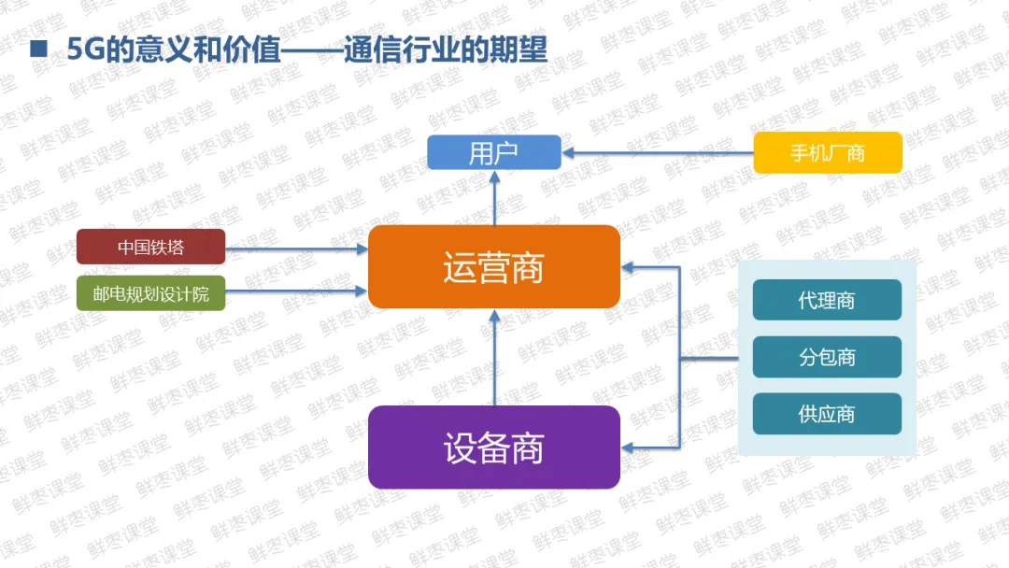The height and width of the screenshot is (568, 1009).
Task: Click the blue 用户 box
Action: coord(493,152)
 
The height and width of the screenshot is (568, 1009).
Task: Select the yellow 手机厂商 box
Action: coord(828,152)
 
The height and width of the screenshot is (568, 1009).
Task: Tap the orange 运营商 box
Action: coord(493,267)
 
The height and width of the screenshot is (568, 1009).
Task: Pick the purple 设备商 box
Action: coord(493,447)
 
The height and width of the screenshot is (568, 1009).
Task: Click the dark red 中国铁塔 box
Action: coord(150,247)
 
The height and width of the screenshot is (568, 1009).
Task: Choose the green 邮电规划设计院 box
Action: coord(150,294)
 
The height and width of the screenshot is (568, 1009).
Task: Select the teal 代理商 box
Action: coord(827,300)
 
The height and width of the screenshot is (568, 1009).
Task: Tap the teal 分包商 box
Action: coord(827,357)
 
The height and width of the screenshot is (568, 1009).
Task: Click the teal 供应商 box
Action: coord(827,414)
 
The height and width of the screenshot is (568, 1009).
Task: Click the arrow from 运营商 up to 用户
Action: coord(494,198)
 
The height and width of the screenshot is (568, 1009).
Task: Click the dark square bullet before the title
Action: coord(38,50)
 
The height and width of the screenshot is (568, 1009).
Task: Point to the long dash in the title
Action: coord(312,50)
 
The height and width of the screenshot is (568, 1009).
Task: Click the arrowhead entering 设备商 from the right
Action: coord(629,448)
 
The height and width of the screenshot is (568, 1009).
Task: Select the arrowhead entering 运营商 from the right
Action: coord(629,267)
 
